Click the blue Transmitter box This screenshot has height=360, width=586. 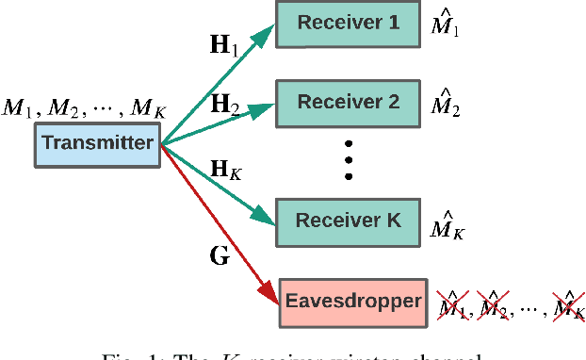point(97,144)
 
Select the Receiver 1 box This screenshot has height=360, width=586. point(347,22)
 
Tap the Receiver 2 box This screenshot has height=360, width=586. point(347,98)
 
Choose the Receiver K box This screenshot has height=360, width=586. point(347,221)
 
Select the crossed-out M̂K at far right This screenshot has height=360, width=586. point(567,305)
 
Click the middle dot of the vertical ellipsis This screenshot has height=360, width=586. point(348,159)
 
